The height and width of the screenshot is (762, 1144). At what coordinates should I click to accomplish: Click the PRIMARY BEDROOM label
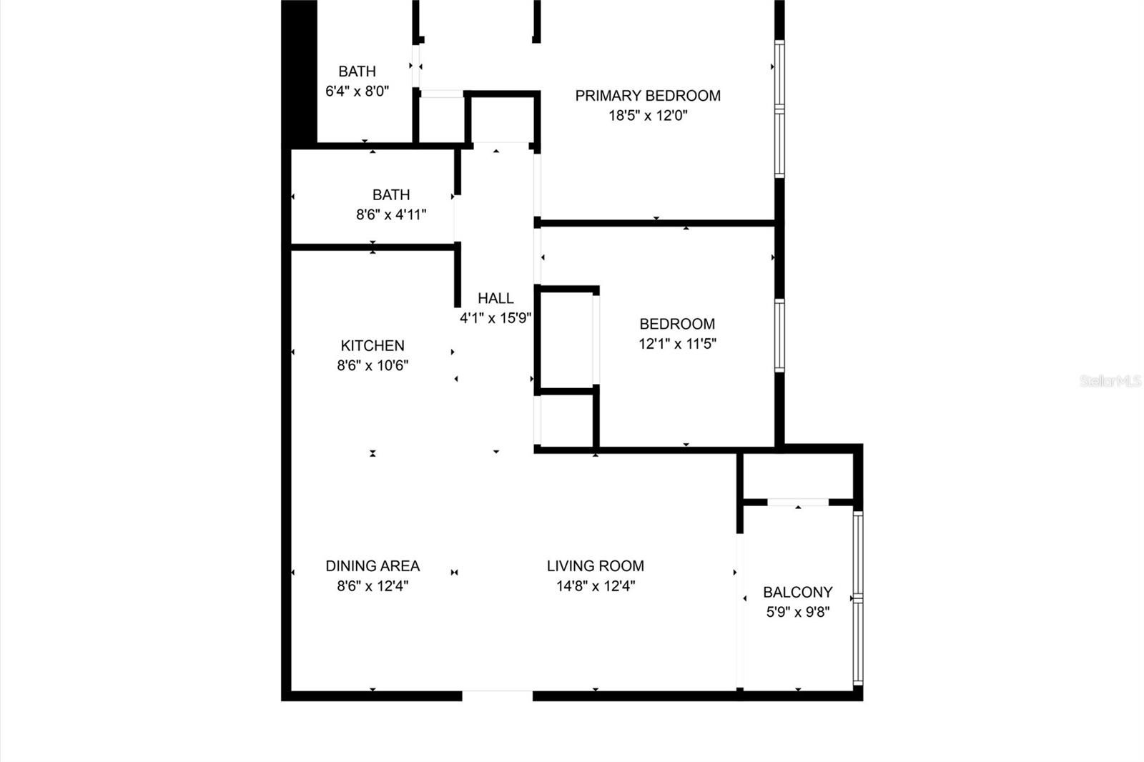pyautogui.click(x=648, y=96)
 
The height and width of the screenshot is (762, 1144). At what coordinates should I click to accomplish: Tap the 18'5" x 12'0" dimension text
pyautogui.click(x=648, y=115)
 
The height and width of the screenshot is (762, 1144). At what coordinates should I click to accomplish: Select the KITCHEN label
pyautogui.click(x=373, y=346)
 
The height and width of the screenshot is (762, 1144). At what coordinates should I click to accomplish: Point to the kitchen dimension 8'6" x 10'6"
pyautogui.click(x=373, y=366)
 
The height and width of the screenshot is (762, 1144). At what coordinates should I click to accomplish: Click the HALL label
pyautogui.click(x=495, y=298)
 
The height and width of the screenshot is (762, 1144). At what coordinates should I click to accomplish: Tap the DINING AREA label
pyautogui.click(x=373, y=566)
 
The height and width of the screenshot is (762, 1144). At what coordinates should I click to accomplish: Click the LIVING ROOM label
pyautogui.click(x=596, y=566)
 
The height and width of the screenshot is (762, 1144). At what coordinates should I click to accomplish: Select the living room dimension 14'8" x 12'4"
pyautogui.click(x=596, y=586)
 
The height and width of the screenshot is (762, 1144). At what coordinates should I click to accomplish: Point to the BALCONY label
pyautogui.click(x=798, y=592)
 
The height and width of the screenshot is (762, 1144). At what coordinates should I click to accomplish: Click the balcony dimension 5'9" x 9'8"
pyautogui.click(x=798, y=612)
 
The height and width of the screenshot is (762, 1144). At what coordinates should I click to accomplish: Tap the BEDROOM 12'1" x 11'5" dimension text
pyautogui.click(x=677, y=344)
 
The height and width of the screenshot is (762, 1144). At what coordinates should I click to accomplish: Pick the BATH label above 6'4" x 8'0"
pyautogui.click(x=357, y=71)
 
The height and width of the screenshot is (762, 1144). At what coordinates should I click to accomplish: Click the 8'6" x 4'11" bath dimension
pyautogui.click(x=391, y=214)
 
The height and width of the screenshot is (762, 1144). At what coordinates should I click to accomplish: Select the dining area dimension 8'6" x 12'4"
pyautogui.click(x=373, y=586)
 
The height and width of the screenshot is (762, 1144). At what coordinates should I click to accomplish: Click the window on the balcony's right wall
pyautogui.click(x=858, y=598)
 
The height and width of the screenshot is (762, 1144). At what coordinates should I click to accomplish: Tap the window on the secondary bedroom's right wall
pyautogui.click(x=779, y=336)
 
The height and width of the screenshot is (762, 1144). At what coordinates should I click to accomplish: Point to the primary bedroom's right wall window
pyautogui.click(x=779, y=109)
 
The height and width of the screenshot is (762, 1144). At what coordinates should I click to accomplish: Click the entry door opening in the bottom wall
pyautogui.click(x=498, y=696)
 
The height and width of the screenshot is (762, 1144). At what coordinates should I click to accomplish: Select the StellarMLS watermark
pyautogui.click(x=1111, y=380)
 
